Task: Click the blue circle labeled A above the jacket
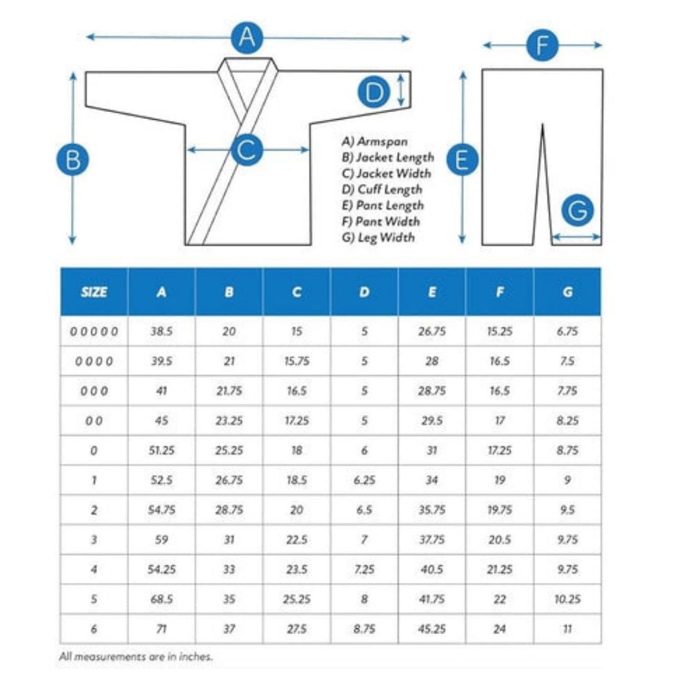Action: click(247, 38)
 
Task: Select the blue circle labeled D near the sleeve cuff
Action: click(375, 93)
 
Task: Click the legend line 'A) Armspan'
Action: click(375, 142)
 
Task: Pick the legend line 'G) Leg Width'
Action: click(378, 237)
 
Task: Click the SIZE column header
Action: click(94, 292)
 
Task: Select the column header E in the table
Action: click(432, 292)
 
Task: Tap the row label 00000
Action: click(94, 331)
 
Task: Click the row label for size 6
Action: click(94, 629)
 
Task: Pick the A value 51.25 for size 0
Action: click(161, 450)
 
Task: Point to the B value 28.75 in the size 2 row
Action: click(229, 510)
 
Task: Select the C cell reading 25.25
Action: click(297, 599)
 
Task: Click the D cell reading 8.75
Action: click(364, 629)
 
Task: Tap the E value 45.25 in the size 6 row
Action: click(432, 629)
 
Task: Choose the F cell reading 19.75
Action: click(499, 510)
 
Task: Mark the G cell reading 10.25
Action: click(567, 599)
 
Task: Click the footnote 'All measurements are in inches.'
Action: click(136, 656)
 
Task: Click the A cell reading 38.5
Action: click(161, 331)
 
